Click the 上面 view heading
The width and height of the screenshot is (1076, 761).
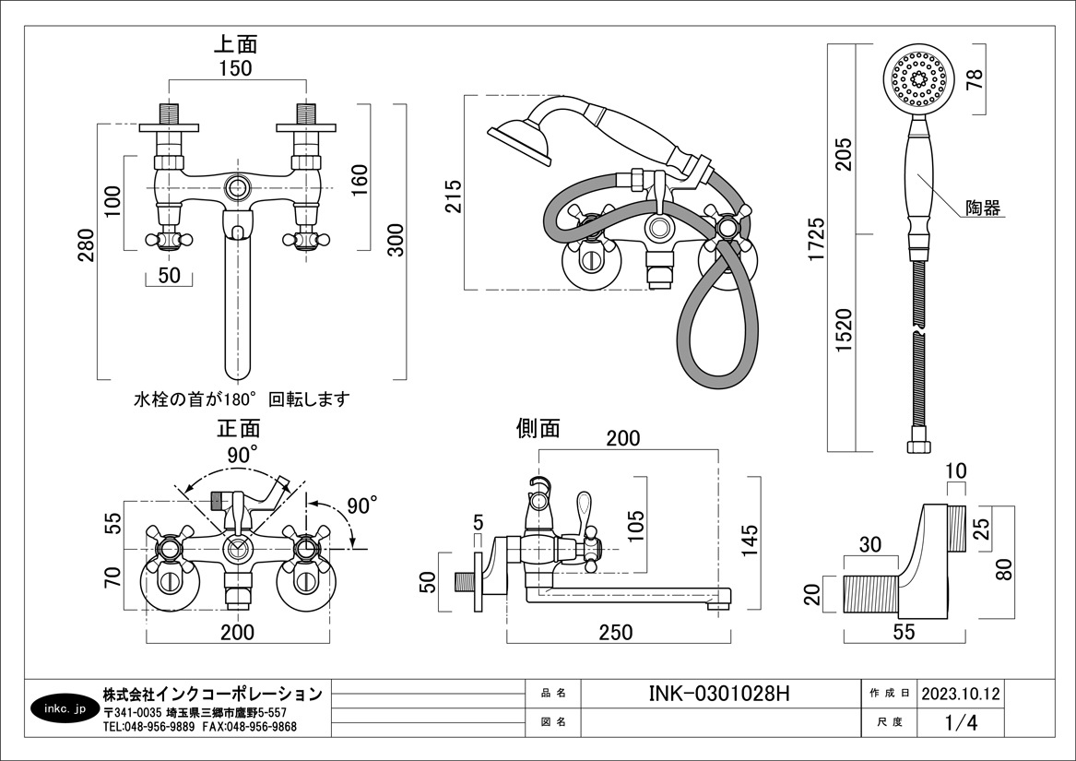point(236,43)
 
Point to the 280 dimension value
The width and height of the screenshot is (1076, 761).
point(86,245)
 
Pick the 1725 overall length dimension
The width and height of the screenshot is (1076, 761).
point(814,243)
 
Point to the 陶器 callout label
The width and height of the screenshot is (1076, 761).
point(984,208)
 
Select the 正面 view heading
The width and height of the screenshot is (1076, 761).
point(239,429)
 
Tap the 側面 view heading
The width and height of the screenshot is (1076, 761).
point(538,428)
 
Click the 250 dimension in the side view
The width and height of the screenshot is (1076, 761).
point(616,632)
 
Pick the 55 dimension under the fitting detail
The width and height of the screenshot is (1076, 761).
point(905,632)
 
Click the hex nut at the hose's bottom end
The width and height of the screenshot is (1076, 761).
point(918,446)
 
